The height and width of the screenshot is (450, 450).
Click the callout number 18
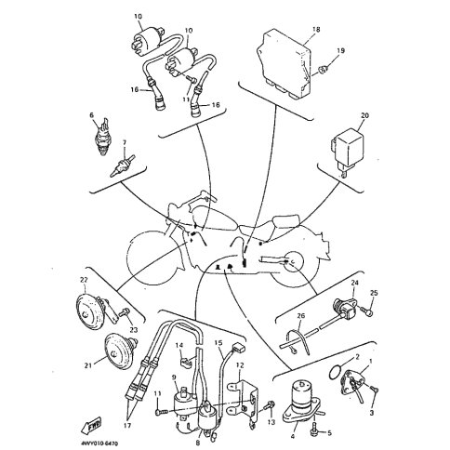[x=316, y=30]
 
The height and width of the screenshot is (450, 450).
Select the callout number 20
[x=364, y=115]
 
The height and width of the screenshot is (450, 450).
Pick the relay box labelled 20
[x=347, y=152]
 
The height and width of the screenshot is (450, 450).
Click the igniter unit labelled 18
[x=285, y=62]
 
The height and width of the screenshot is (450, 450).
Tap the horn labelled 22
[x=93, y=309]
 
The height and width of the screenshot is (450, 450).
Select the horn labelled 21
[x=120, y=351]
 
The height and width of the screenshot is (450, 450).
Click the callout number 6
[x=91, y=115]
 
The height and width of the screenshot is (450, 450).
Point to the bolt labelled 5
[x=313, y=432]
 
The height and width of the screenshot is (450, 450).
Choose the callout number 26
[x=300, y=316]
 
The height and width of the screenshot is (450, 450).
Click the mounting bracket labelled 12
[x=243, y=398]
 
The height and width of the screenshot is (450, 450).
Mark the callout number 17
[x=128, y=424]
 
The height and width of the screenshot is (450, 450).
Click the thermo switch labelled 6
[x=101, y=137]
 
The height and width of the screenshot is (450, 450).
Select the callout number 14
[x=179, y=345]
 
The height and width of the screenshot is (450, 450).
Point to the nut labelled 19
[x=324, y=70]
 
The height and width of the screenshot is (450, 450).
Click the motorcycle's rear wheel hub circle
[x=293, y=262]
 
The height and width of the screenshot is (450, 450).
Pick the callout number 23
[x=134, y=330]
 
